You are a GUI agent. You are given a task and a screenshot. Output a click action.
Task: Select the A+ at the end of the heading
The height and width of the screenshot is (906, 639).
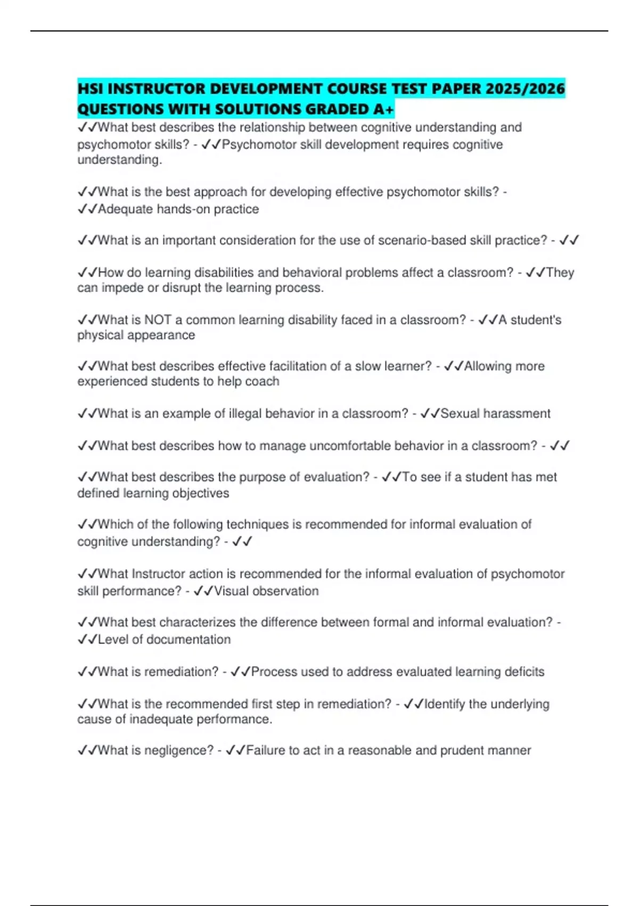click(383, 109)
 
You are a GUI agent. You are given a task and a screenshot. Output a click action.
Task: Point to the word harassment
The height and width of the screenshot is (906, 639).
click(520, 414)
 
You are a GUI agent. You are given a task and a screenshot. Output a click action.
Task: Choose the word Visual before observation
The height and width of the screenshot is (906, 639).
click(232, 591)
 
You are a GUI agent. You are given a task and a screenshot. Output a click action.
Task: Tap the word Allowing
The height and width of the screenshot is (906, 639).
click(488, 366)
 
